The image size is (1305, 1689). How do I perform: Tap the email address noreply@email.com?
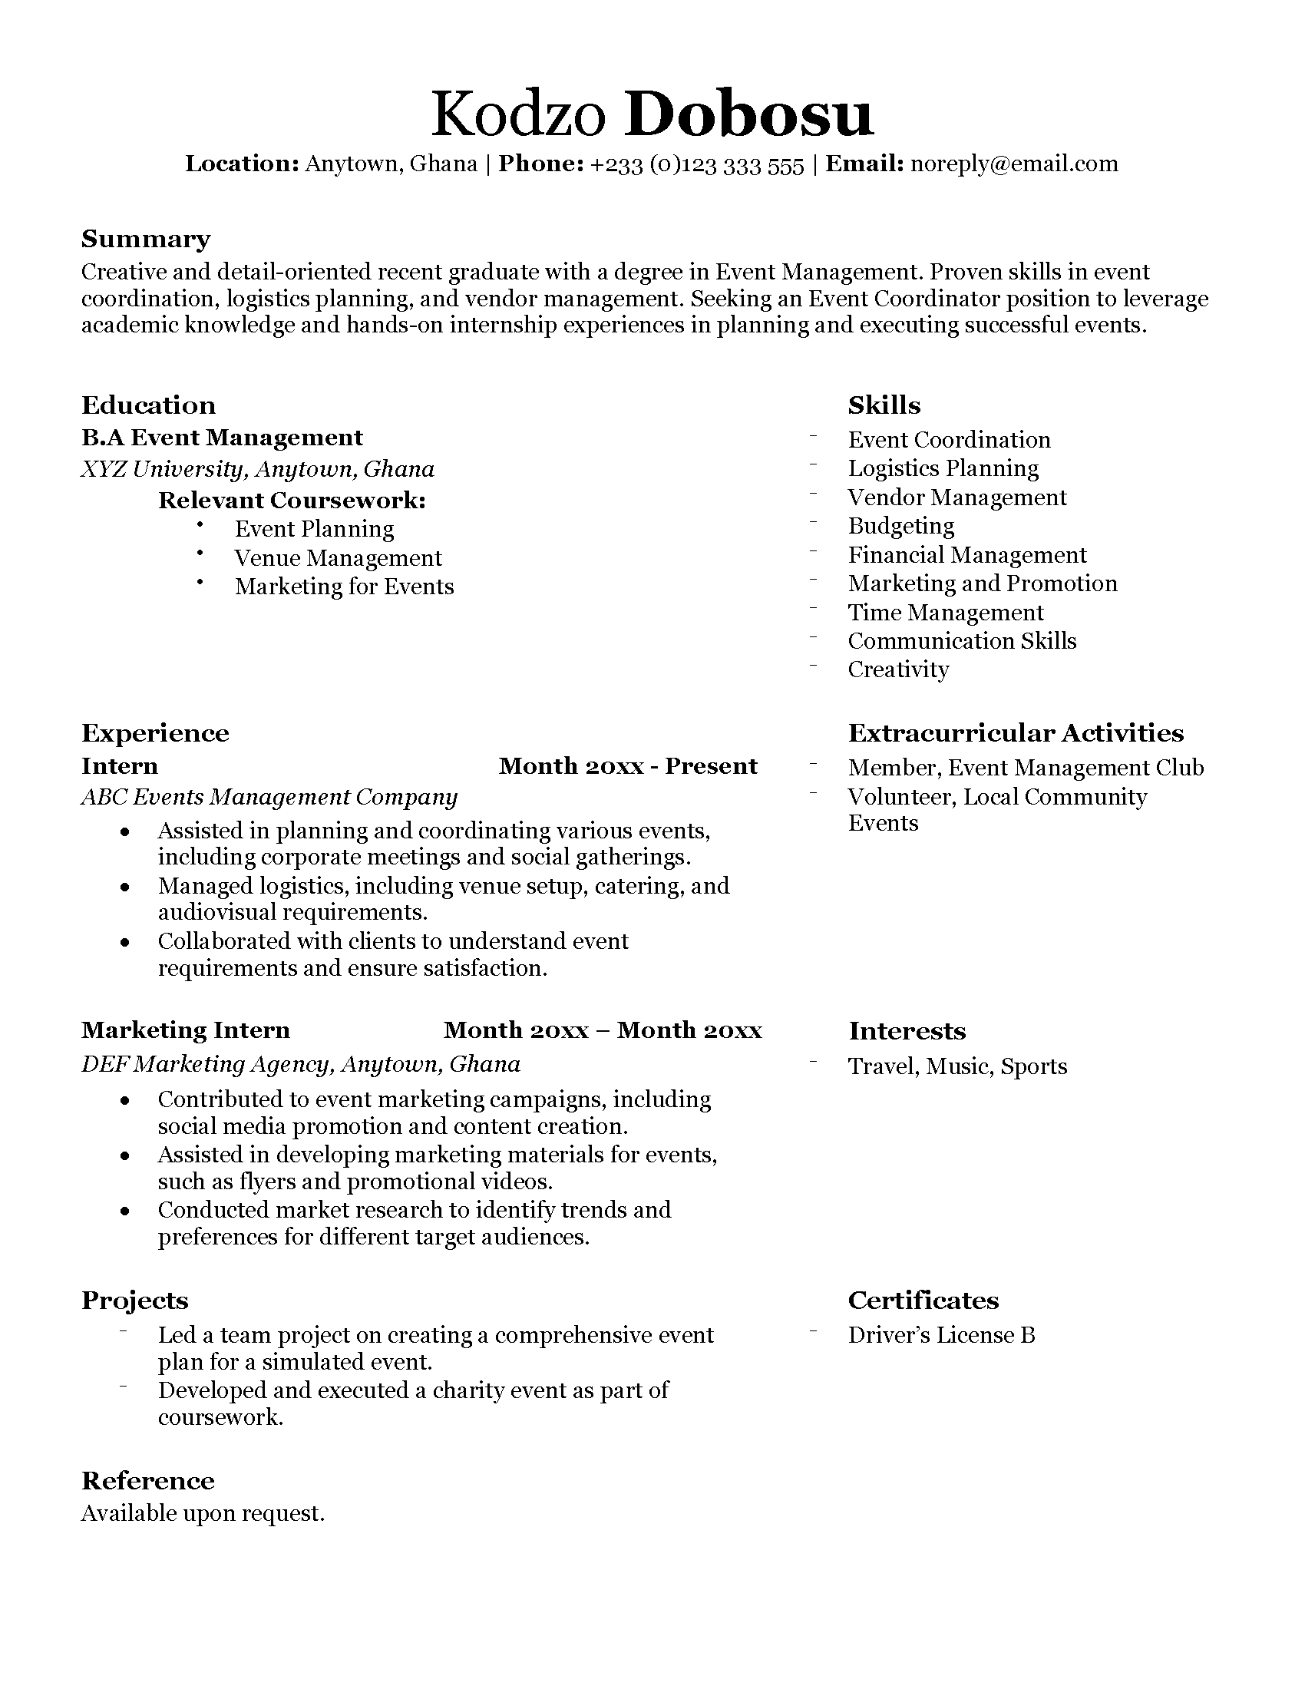click(1013, 164)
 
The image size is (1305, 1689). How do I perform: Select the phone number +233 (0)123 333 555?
click(696, 166)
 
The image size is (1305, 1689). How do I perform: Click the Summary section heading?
click(145, 239)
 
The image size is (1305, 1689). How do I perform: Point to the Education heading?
click(148, 405)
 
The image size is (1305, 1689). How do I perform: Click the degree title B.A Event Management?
click(222, 438)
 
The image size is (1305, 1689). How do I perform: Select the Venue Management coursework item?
click(338, 557)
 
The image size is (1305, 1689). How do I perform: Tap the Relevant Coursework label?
click(292, 501)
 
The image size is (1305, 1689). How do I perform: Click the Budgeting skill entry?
click(900, 526)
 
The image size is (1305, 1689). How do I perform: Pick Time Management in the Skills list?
click(945, 613)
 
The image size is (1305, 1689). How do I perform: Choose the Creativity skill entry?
click(897, 669)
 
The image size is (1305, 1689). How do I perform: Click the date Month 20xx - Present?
click(627, 766)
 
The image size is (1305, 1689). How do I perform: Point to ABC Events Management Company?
click(269, 797)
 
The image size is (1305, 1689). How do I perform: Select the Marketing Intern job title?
click(186, 1030)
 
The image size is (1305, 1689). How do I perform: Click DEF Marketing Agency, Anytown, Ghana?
click(301, 1064)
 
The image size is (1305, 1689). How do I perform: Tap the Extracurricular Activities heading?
click(1015, 733)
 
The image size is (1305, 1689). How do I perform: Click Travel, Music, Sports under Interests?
click(956, 1066)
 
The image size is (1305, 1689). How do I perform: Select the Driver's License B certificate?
click(941, 1335)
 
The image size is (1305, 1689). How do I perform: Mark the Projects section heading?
click(134, 1301)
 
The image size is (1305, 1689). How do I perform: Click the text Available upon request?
click(203, 1513)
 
